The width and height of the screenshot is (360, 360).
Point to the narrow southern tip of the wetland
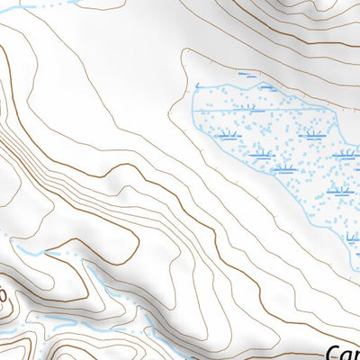pyautogui.click(x=352, y=253)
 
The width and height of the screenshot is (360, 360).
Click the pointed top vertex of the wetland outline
pyautogui.click(x=266, y=84)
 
